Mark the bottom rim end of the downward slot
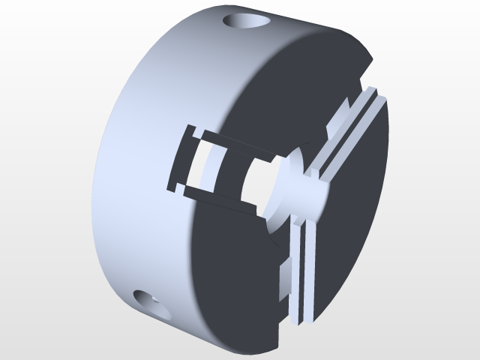pyautogui.click(x=300, y=319)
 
